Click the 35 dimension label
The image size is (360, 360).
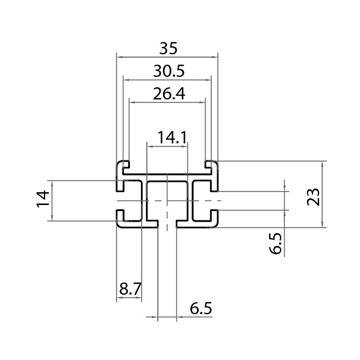click(x=167, y=48)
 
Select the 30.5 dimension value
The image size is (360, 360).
click(x=167, y=71)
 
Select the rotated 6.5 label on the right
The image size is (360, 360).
click(x=276, y=243)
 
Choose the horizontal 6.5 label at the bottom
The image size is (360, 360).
click(x=201, y=309)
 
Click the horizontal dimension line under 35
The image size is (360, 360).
click(x=167, y=55)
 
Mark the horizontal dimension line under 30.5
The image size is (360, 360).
click(x=167, y=78)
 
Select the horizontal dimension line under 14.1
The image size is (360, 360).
click(x=167, y=144)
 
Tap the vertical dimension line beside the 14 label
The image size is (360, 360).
click(x=52, y=200)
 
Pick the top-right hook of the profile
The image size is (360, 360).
click(x=211, y=165)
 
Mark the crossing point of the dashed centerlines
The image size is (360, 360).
click(x=167, y=200)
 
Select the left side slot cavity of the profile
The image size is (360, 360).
click(x=129, y=200)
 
